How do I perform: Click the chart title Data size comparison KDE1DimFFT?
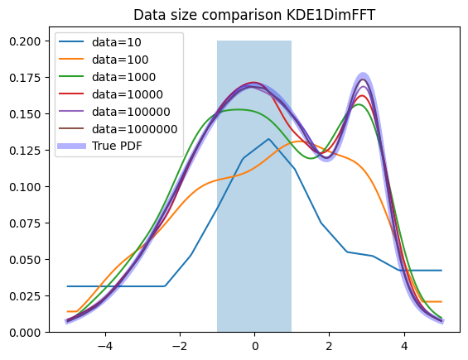coord(254,15)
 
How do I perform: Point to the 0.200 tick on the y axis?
coord(25,41)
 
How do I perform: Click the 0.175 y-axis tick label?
coord(25,78)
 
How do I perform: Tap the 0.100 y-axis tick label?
coord(25,187)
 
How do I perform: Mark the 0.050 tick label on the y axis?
coord(25,260)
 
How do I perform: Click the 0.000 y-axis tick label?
coord(25,332)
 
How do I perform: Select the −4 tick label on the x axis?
coord(105,346)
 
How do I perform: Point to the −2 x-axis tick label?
coord(180,346)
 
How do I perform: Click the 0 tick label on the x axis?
coord(254,346)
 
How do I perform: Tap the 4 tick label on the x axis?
coord(404,346)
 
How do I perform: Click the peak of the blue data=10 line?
coord(268,139)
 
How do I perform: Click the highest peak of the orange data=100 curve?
coord(299,142)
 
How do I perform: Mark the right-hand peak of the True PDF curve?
coord(363,77)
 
